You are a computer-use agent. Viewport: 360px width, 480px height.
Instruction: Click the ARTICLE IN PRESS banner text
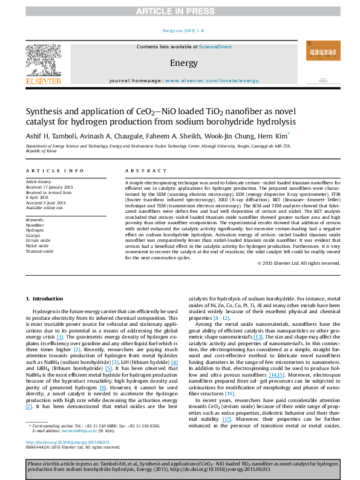(180, 10)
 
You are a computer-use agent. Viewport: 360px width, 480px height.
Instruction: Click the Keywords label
(35, 218)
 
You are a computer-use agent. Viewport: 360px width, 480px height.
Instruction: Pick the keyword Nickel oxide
(37, 246)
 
